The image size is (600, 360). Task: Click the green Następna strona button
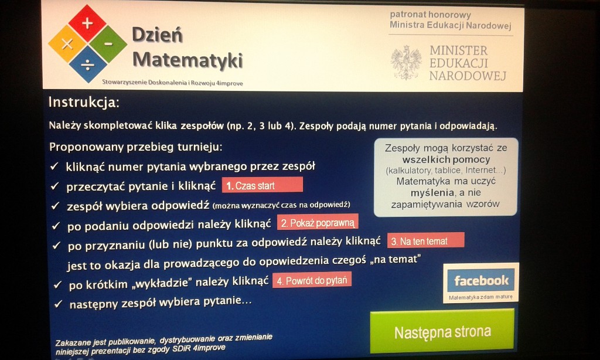pos(442,331)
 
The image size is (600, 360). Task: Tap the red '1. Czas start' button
pos(262,185)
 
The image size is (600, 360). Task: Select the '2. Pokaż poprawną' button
pos(318,222)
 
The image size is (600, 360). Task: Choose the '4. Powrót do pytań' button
pos(312,280)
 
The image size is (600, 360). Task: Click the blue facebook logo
pos(481,280)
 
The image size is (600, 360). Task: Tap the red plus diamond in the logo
pos(87,23)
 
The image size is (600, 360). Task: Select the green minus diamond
pos(108,44)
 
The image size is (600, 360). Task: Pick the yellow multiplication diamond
pos(67,44)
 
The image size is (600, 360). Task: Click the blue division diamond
pos(88,64)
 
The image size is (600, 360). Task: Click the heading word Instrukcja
pos(83,102)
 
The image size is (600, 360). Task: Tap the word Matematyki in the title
pos(187,60)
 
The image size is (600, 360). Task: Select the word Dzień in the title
pos(157,35)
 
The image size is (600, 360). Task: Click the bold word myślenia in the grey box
pos(432,192)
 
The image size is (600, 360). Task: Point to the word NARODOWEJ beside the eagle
pos(468,76)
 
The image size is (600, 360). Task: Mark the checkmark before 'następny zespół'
pos(58,304)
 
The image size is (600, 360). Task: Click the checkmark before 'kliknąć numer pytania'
pos(54,166)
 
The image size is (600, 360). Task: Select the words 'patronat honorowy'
pos(430,15)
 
